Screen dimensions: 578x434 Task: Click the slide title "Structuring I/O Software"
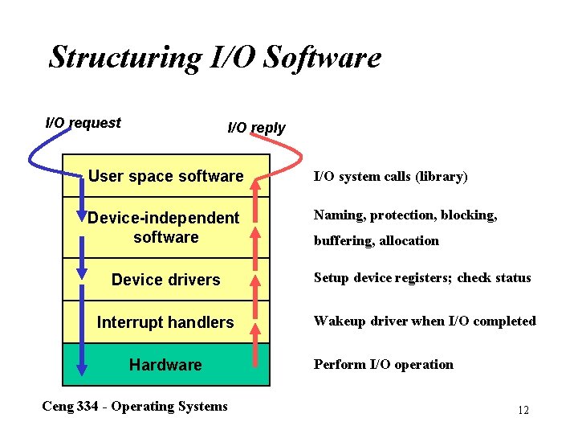[x=214, y=57]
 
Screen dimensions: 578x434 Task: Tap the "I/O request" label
[x=83, y=123]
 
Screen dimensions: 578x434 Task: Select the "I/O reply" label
[x=256, y=128]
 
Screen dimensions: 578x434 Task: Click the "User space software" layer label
[x=165, y=176]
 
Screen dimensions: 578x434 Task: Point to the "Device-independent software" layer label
[x=164, y=227]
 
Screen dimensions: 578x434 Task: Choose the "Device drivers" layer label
[x=165, y=280]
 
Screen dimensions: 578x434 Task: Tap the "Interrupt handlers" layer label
[x=165, y=322]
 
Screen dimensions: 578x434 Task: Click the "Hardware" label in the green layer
[x=165, y=365]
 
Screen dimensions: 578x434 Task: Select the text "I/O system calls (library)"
[x=390, y=176]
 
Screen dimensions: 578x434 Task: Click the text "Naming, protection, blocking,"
[x=405, y=215]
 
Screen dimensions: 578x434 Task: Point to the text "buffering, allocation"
[x=376, y=240]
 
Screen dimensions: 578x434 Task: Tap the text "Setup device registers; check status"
[x=422, y=278]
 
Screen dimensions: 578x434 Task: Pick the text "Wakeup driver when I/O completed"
[x=425, y=321]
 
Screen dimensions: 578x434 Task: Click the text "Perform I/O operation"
[x=383, y=364]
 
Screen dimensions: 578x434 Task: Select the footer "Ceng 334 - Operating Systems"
[x=134, y=406]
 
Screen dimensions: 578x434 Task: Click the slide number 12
[x=523, y=410]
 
